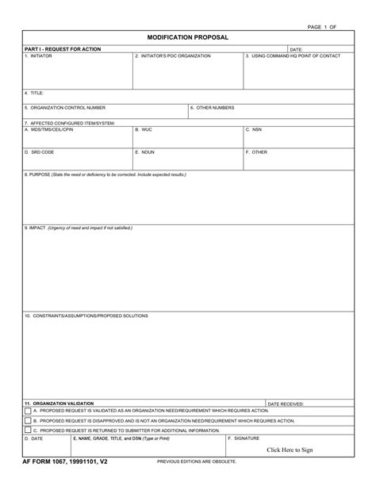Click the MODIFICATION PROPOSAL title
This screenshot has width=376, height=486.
point(187,37)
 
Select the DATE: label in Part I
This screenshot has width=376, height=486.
point(296,49)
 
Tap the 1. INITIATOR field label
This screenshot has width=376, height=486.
point(38,55)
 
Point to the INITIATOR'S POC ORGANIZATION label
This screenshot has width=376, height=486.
point(173,55)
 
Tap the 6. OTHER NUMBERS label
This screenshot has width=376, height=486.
point(212,107)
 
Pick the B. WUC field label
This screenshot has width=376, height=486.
point(143,129)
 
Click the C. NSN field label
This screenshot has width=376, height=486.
point(253,129)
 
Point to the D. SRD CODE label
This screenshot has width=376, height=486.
point(39,151)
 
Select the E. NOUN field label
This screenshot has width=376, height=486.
point(144,151)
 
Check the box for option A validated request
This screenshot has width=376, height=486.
point(28,411)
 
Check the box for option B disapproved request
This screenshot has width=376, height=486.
point(28,420)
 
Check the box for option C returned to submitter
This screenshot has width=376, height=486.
point(28,430)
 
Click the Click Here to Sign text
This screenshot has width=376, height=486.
point(290,450)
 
